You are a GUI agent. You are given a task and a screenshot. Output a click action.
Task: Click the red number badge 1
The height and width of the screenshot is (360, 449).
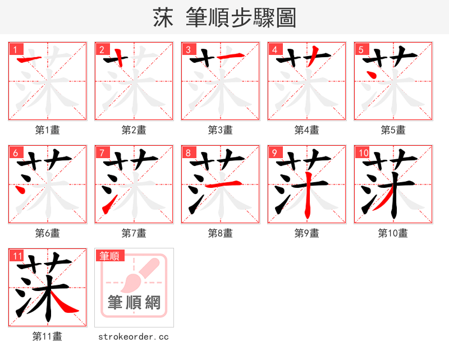15,49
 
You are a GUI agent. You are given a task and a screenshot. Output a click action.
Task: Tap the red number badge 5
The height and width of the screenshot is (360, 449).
360,49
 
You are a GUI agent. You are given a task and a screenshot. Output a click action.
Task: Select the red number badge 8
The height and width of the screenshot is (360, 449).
187,153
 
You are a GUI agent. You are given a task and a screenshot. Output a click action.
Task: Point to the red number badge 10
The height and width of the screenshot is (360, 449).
363,153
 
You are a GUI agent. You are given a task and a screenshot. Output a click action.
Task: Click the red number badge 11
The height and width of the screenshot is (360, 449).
17,256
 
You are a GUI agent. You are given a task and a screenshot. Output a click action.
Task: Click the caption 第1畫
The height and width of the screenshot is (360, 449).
48,130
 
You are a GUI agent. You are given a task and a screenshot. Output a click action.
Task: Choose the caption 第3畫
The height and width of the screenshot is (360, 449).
221,130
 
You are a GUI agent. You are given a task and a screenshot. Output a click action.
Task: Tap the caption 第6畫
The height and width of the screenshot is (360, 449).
48,233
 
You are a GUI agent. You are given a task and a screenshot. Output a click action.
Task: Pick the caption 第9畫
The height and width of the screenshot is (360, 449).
307,233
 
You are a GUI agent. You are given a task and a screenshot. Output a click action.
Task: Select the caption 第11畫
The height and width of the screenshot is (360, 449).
48,337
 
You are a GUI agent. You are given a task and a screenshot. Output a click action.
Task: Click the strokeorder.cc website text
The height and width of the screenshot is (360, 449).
134,337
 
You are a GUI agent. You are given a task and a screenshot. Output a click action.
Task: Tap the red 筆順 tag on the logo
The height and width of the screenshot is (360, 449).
109,256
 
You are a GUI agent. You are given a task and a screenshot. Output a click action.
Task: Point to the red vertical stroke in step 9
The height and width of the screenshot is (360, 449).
307,199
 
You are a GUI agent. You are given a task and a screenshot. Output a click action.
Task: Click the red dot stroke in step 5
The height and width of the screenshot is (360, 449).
371,73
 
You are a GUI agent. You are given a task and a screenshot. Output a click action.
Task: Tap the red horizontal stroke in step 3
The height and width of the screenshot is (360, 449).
230,56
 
